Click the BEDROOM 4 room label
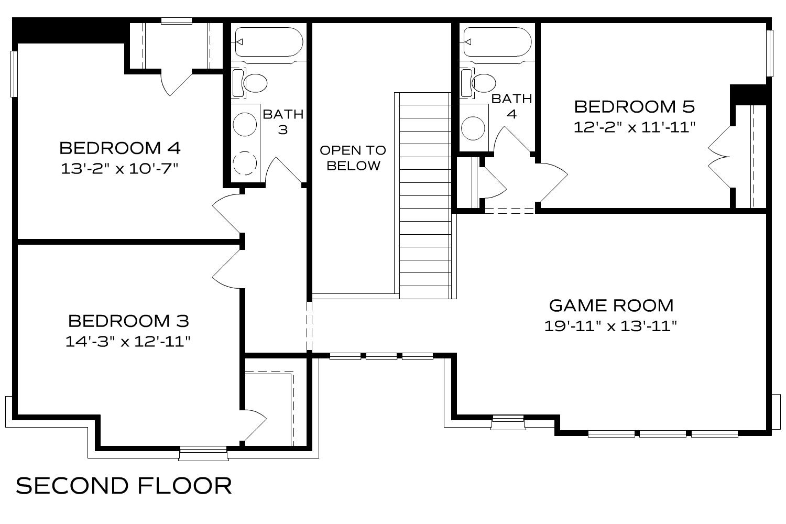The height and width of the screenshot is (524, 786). [120, 148]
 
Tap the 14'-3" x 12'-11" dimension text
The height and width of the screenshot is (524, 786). [127, 342]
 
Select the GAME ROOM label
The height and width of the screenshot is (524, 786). [611, 305]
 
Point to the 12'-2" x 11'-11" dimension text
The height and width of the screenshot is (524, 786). [634, 127]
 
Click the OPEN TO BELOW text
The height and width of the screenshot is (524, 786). [353, 158]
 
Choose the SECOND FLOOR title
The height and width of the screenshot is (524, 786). [124, 486]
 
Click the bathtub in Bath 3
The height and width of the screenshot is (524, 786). [269, 42]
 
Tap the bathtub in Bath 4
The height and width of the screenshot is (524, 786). [497, 42]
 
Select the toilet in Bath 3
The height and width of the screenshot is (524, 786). [250, 83]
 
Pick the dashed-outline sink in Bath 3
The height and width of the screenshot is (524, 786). [245, 162]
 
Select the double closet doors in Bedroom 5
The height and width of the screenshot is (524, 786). [721, 156]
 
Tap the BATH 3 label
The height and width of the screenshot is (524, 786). [283, 122]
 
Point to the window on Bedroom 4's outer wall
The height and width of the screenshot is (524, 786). [14, 73]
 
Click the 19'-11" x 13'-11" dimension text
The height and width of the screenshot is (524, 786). [611, 326]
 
